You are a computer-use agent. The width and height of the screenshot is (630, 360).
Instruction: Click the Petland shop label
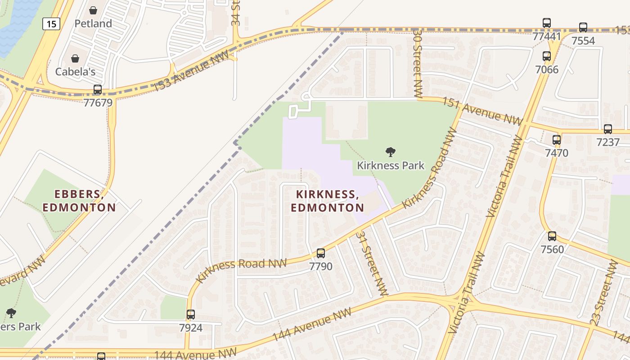point(93,23)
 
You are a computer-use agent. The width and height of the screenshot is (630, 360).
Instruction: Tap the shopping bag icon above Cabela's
point(75,59)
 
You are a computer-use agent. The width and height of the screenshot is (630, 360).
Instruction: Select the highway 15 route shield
point(51,24)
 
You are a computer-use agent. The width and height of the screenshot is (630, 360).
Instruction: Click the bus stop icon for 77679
point(98,90)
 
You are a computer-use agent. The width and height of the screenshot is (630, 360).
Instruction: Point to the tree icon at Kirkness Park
point(391,152)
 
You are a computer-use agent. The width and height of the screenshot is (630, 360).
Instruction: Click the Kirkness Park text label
point(391,166)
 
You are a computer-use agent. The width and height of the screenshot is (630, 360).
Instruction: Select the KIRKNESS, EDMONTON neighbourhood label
point(327,201)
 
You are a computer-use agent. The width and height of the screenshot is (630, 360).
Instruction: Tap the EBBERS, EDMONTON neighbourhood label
point(79,201)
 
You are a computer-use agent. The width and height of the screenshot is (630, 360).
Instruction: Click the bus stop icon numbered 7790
point(321,253)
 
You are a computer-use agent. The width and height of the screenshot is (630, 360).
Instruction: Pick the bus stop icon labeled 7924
point(191,315)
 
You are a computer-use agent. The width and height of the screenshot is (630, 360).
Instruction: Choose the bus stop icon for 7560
point(552,236)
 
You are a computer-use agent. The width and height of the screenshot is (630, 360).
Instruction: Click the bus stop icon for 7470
point(557,140)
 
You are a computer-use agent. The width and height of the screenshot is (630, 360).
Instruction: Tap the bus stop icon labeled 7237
point(608,129)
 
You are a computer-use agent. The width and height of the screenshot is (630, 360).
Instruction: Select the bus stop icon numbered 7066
point(547,56)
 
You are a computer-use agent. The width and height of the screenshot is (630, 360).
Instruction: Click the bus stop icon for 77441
point(547,23)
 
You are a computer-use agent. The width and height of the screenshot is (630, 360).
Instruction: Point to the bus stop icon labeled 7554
point(583,27)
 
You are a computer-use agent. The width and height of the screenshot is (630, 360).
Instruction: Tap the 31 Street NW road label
point(372,264)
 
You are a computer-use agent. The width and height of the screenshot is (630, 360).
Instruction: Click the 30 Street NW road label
point(418,63)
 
